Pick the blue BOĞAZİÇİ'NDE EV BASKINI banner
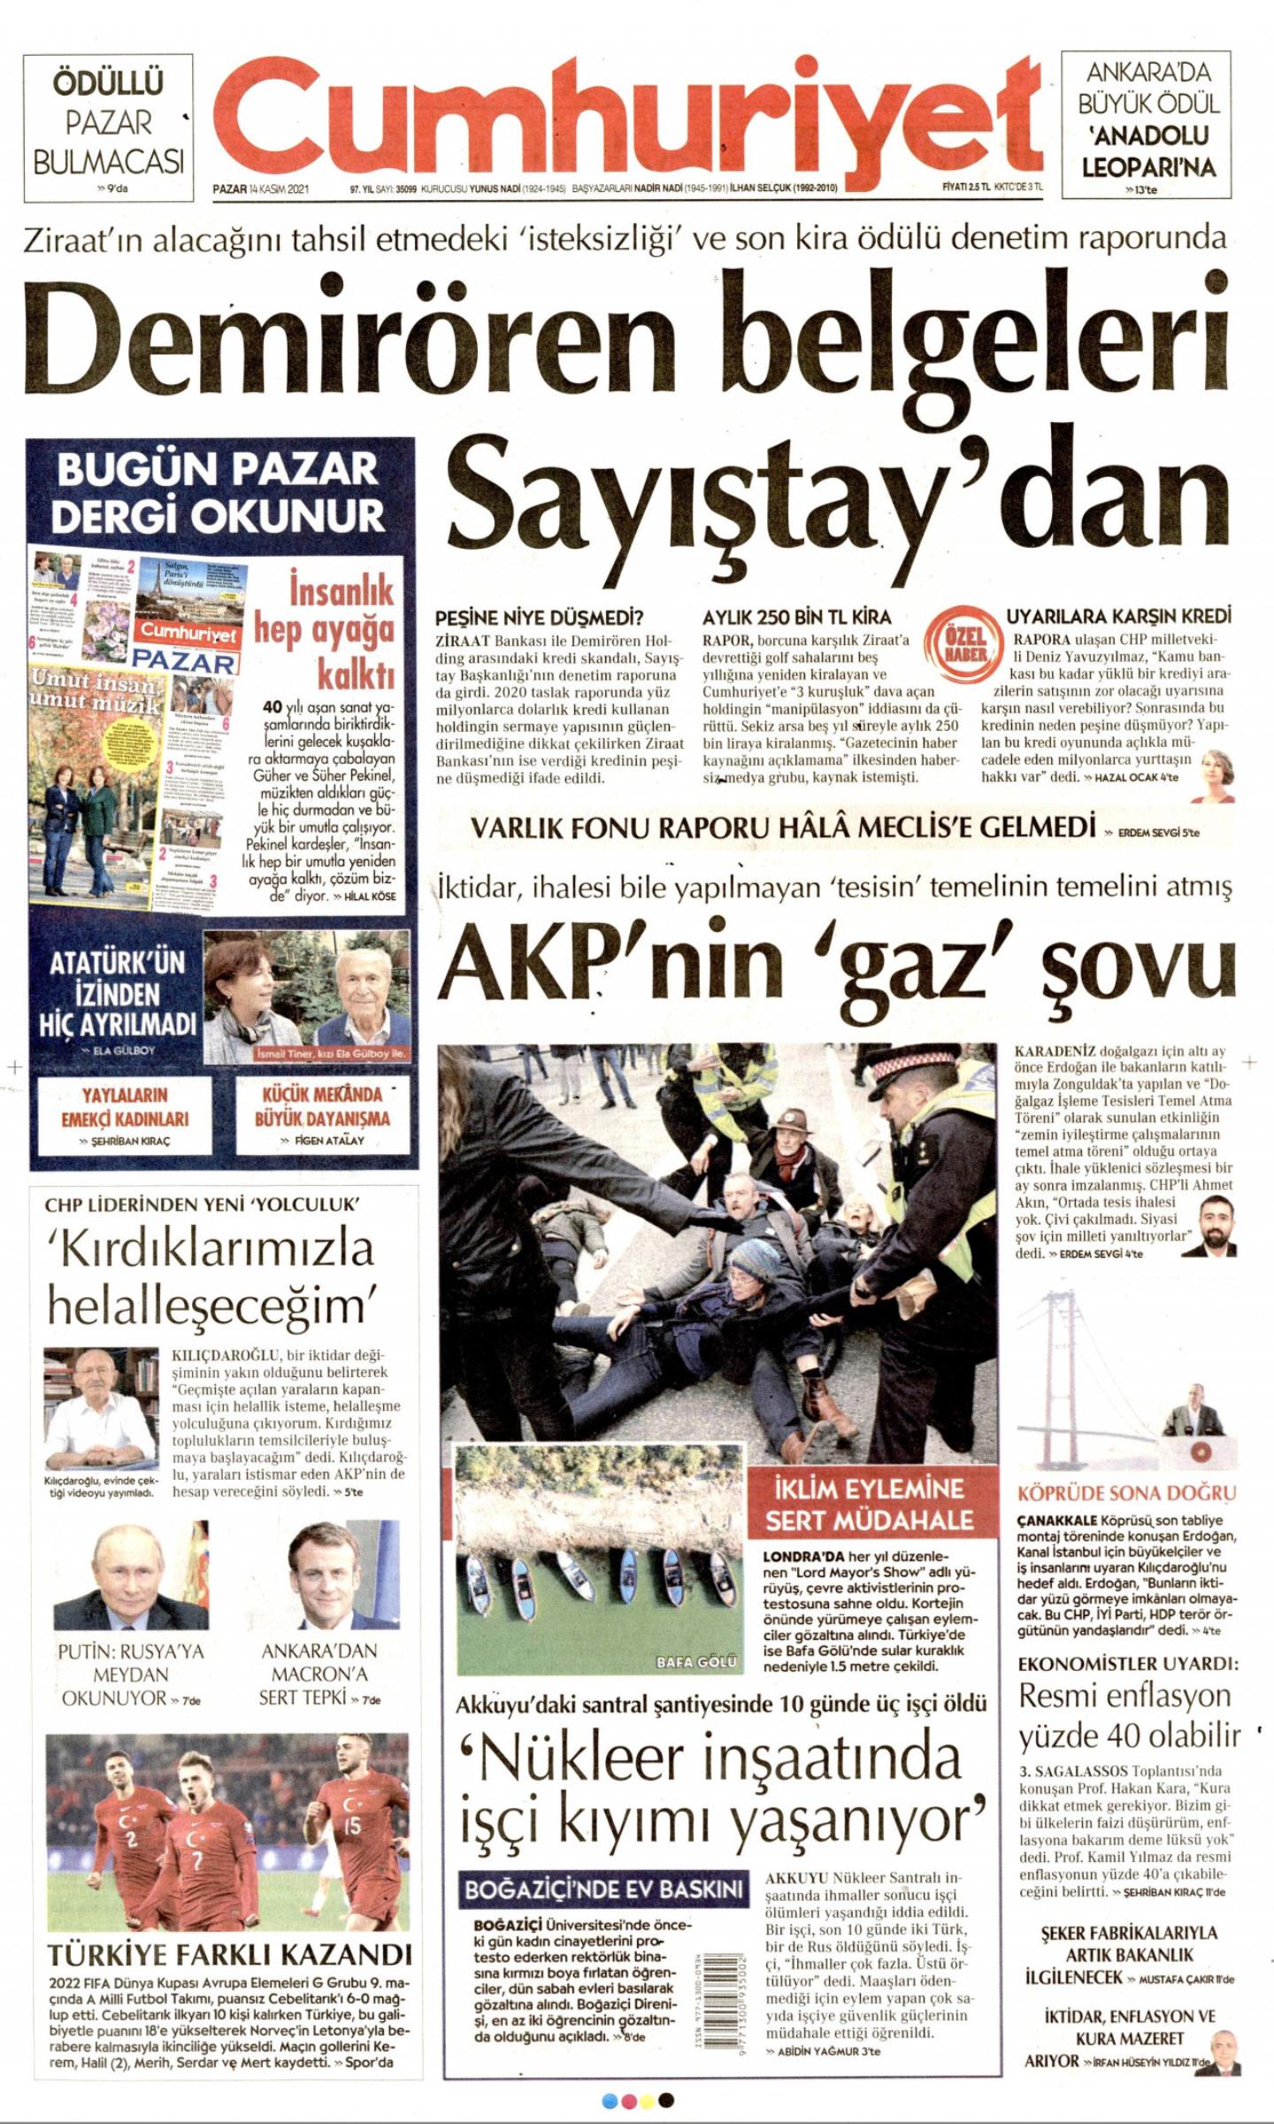coord(603,1889)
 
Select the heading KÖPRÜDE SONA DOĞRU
coord(1126,1494)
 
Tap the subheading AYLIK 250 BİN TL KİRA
coord(796,617)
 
